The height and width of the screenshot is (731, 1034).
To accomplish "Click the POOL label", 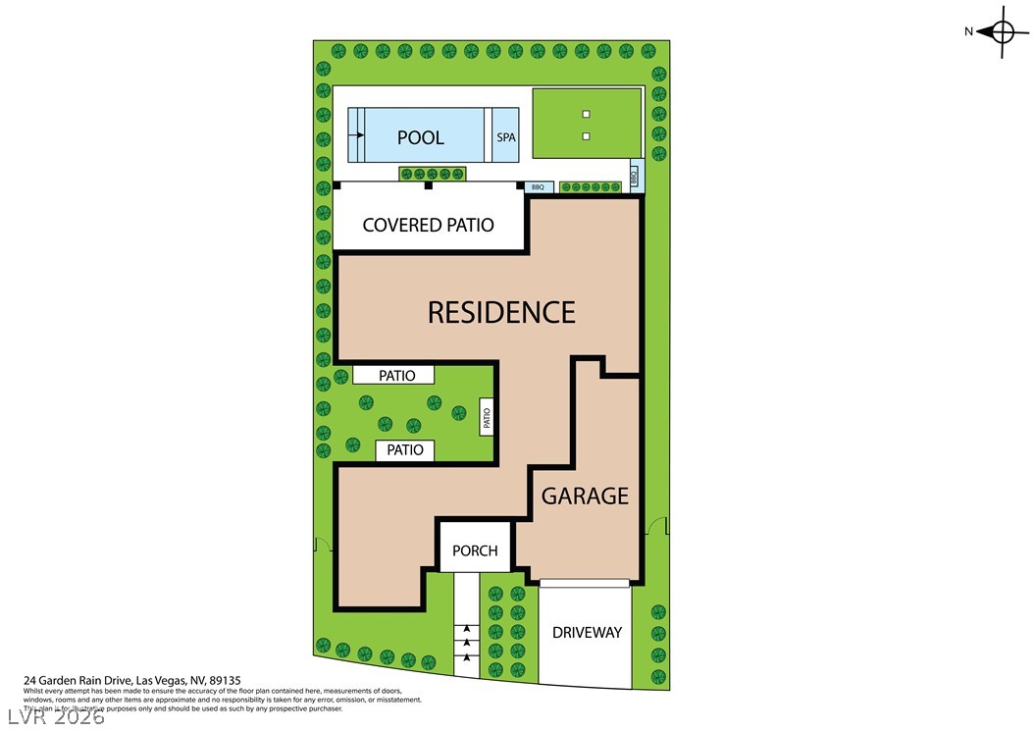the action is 421,137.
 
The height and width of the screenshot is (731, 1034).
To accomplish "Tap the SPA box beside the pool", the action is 506,137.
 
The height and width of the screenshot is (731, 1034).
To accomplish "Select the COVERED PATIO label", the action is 428,225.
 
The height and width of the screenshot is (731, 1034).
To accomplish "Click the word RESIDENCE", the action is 501,312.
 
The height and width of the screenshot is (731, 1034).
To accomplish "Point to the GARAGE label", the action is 585,496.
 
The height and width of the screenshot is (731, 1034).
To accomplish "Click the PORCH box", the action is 475,550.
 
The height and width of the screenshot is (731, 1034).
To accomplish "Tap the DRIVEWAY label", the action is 587,632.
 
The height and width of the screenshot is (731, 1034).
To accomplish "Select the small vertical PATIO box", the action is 486,420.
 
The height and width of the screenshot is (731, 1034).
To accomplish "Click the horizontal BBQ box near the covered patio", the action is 538,186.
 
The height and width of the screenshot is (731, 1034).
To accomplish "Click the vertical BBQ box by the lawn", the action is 634,177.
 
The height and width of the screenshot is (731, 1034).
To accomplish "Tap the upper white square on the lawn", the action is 586,113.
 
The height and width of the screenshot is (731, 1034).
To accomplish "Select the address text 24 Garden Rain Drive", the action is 132,679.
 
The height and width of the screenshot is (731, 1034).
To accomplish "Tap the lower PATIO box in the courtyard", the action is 405,450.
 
